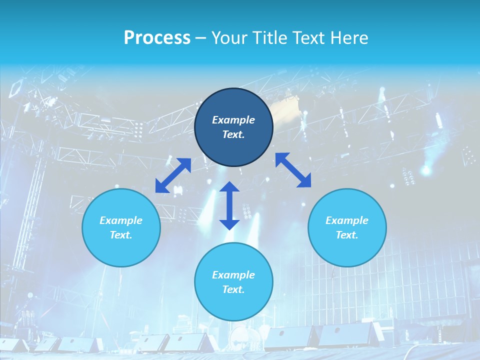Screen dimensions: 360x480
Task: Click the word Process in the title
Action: tap(157, 38)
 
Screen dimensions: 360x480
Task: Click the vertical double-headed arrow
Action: tap(229, 205)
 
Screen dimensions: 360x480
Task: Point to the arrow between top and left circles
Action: tap(173, 175)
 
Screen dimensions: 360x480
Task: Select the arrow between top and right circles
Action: tap(293, 170)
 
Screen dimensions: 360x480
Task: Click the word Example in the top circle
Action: tap(233, 120)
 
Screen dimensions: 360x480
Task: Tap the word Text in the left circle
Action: tap(121, 235)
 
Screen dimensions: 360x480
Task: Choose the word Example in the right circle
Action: tap(347, 220)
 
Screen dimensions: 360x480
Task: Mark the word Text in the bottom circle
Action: tap(233, 289)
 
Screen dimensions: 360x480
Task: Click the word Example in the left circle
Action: tap(121, 220)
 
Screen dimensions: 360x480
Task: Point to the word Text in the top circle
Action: tap(233, 134)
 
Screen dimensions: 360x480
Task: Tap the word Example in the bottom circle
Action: tap(233, 275)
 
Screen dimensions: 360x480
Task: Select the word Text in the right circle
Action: tap(347, 235)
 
